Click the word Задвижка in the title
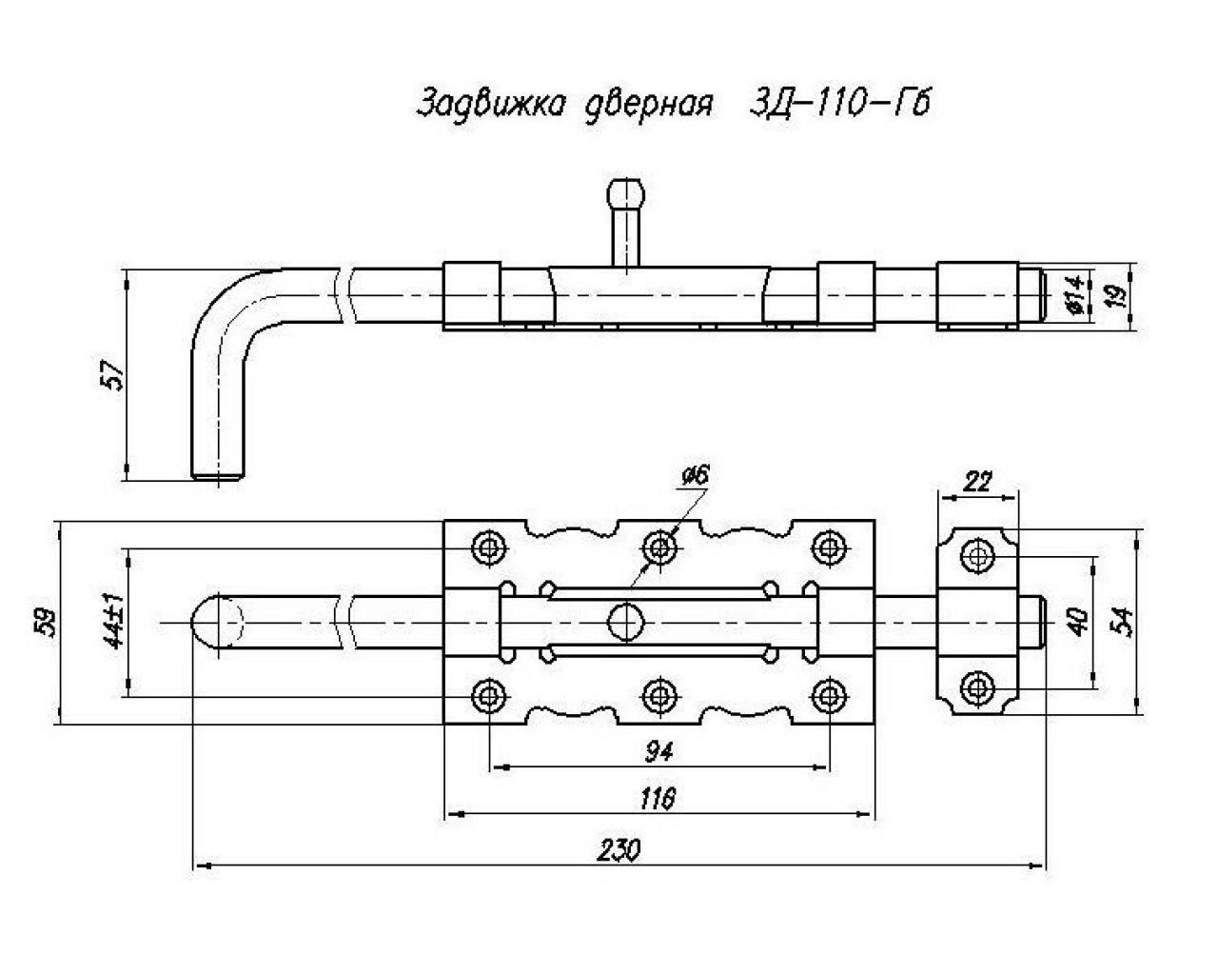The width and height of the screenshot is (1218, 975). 491,104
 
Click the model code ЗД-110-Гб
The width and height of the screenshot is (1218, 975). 839,103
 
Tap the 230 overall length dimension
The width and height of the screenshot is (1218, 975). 619,850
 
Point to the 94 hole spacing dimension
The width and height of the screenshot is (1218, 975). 658,752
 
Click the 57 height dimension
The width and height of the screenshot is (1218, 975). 111,374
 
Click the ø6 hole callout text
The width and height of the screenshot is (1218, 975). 696,476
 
